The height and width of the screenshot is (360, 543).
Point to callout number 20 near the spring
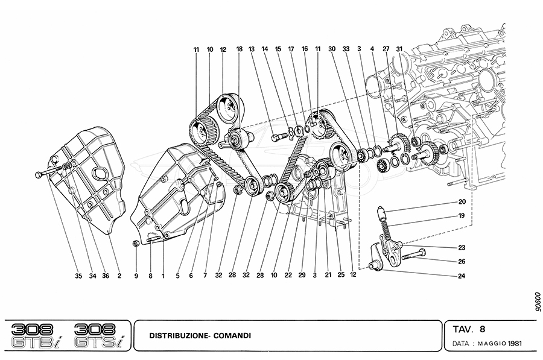462,202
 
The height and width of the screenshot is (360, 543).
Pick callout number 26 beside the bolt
462,261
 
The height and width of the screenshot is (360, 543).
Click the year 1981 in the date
514,344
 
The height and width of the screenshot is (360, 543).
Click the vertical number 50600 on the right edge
530,300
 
